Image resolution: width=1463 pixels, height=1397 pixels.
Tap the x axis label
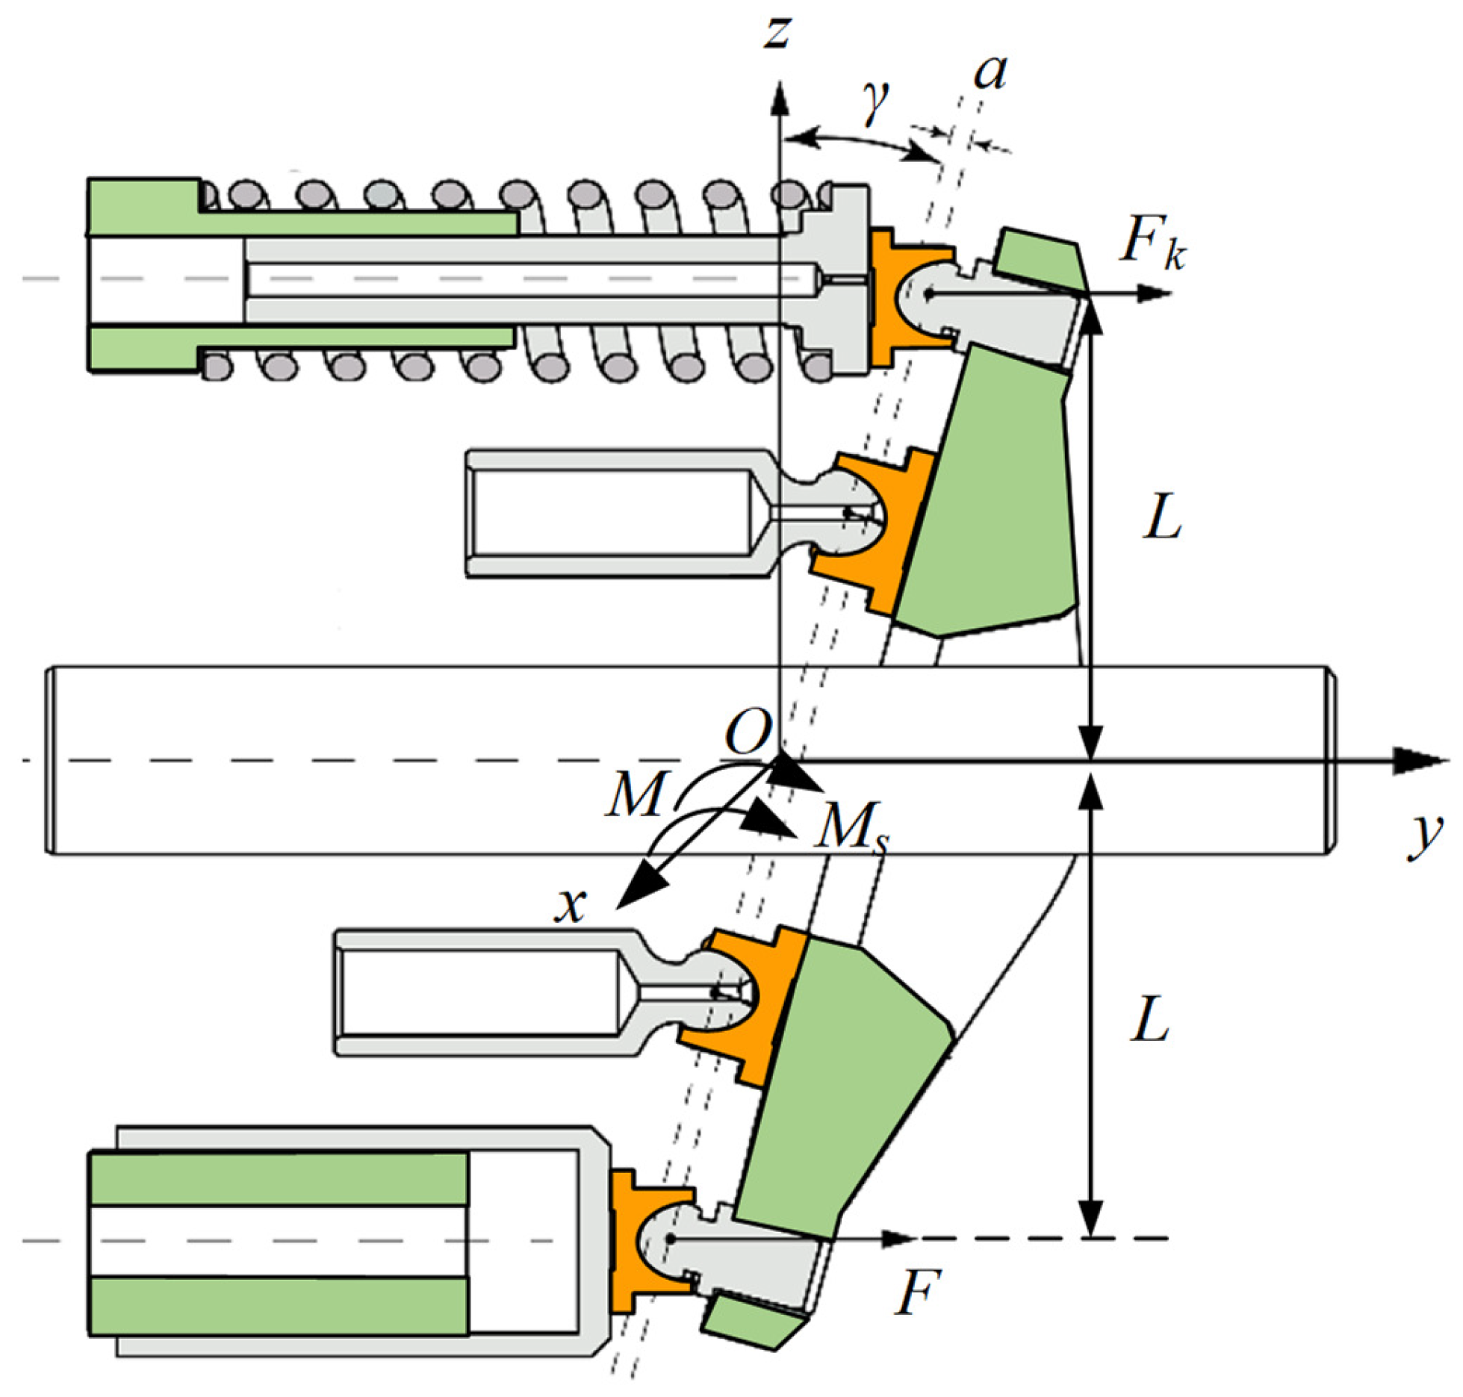(x=571, y=906)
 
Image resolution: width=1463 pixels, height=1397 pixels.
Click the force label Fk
(x=1150, y=243)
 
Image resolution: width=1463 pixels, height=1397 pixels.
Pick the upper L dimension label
(x=1162, y=518)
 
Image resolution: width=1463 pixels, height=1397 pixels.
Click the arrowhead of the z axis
(x=780, y=97)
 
